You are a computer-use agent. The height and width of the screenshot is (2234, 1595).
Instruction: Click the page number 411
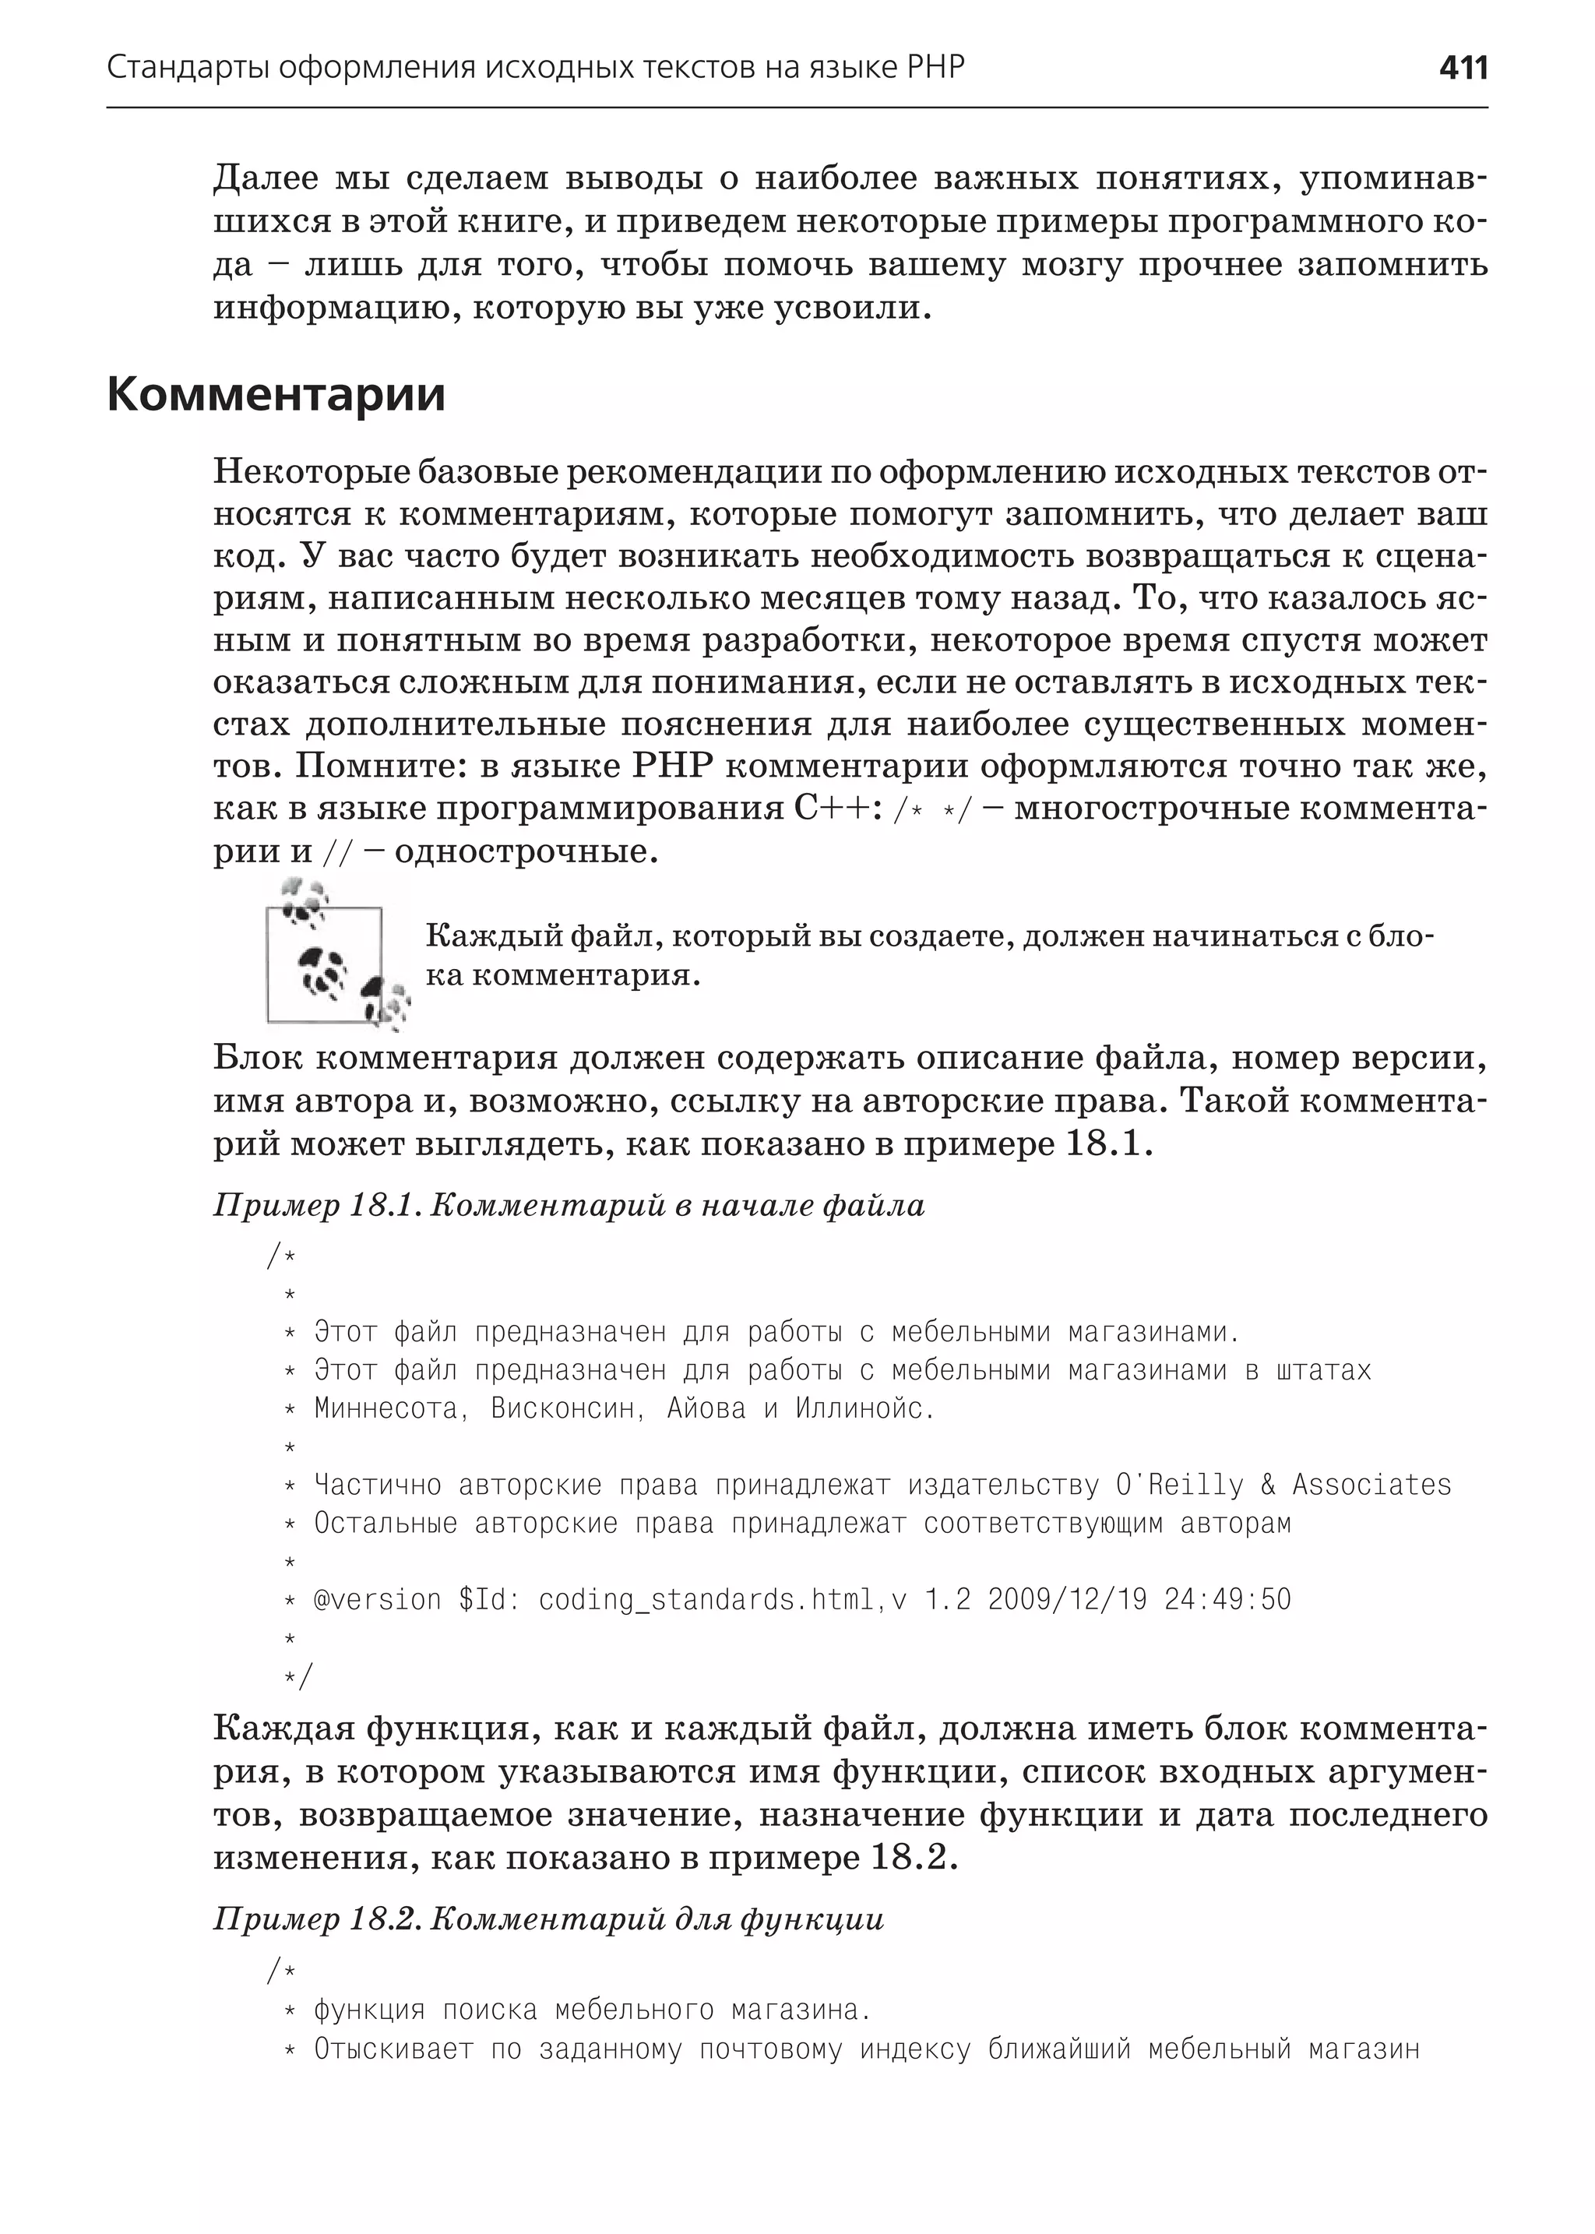click(1463, 68)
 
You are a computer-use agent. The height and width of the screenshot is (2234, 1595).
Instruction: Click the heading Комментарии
click(276, 394)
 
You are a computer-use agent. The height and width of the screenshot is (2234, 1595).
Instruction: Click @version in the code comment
click(377, 1599)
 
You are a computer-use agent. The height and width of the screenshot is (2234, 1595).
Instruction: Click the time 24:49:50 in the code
click(1227, 1599)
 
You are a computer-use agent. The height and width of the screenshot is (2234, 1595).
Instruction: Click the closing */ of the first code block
click(297, 1676)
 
